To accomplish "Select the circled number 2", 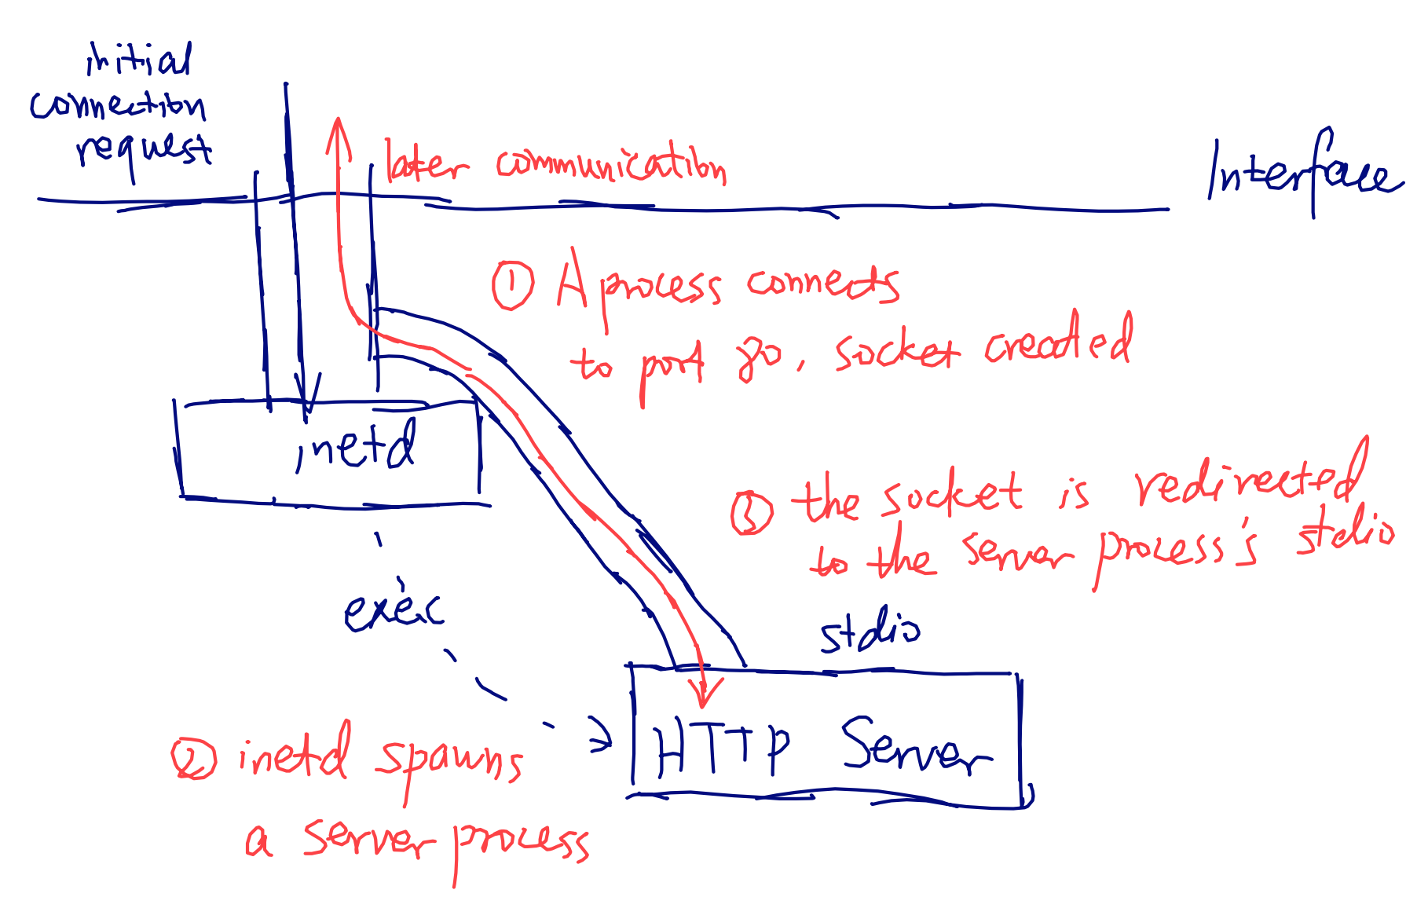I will [x=193, y=759].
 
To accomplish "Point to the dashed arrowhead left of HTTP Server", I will [x=603, y=736].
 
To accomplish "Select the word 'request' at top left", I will [x=144, y=149].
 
